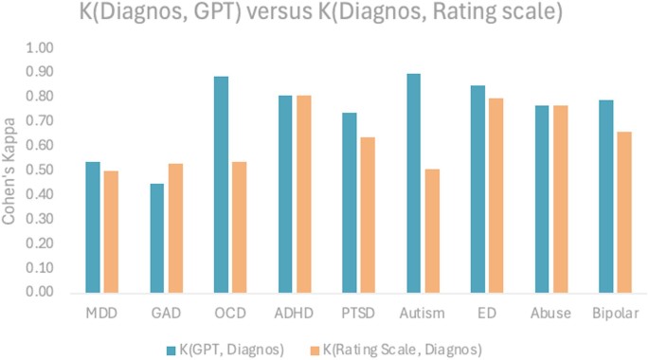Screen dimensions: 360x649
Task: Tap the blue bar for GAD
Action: [x=156, y=238]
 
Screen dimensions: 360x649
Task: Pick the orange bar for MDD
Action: [x=112, y=231]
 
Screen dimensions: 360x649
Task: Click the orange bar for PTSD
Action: [x=368, y=215]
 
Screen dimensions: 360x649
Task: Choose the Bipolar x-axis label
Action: [x=616, y=314]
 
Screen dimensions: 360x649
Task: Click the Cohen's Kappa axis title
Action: [x=10, y=171]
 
